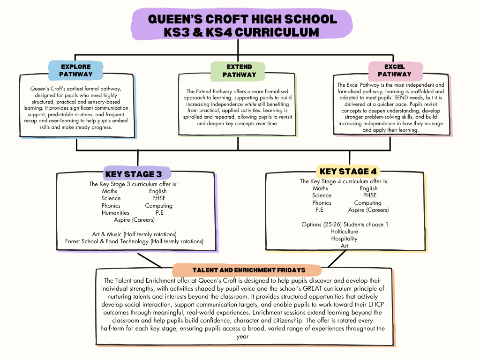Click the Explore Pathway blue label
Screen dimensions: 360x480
point(75,70)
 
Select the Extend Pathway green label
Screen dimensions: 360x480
point(239,70)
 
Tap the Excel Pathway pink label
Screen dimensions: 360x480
point(394,70)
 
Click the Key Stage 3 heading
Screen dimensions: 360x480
point(134,174)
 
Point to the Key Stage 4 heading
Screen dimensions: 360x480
point(348,171)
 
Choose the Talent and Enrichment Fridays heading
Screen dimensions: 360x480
point(248,270)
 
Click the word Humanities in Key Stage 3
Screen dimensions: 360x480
point(115,213)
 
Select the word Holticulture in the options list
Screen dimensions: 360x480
point(344,232)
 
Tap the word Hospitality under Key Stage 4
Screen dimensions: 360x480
point(344,239)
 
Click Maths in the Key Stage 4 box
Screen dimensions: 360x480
point(321,188)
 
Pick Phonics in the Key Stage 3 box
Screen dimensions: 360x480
point(111,206)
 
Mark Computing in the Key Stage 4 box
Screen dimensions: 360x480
point(367,203)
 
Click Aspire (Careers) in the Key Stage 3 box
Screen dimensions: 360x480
point(134,220)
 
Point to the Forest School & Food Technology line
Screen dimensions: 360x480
point(134,241)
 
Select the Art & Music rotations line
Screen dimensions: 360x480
point(134,234)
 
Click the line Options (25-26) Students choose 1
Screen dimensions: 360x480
point(345,225)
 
